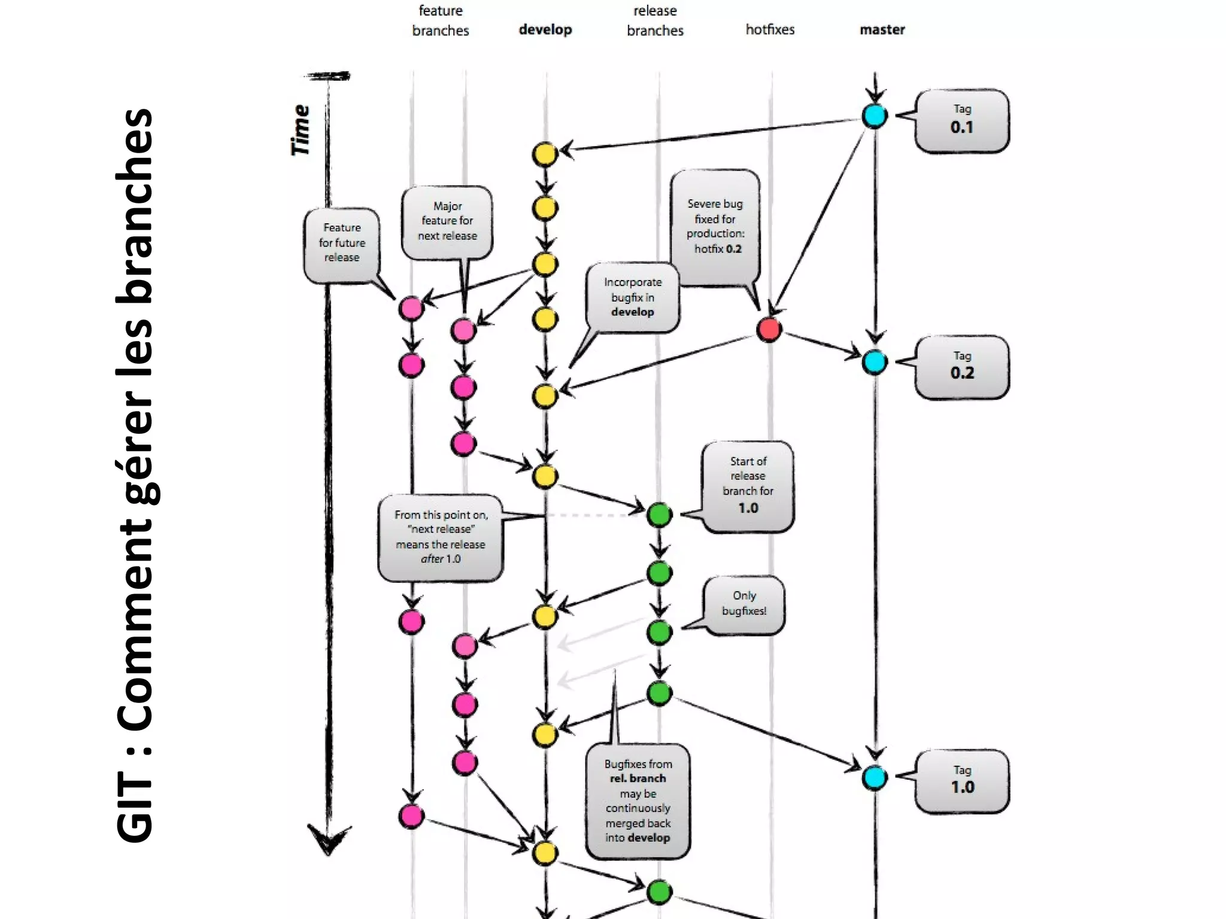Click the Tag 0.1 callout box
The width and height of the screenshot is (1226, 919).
(961, 120)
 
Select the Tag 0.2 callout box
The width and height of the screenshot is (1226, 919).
(961, 366)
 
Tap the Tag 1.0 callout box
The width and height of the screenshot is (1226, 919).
(961, 781)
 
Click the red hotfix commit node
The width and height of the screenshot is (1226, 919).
(769, 330)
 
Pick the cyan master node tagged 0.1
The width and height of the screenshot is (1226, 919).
(875, 116)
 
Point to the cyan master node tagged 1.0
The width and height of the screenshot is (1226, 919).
(875, 778)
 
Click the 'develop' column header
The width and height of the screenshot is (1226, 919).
(545, 29)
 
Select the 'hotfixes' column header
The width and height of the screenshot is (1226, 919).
(770, 29)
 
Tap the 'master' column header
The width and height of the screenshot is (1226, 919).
(882, 29)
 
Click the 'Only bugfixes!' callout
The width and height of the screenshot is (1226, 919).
(744, 604)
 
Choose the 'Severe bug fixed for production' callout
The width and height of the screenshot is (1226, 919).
(715, 227)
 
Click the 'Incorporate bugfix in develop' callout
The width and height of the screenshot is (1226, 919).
(632, 297)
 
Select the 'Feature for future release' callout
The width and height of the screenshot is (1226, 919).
(342, 244)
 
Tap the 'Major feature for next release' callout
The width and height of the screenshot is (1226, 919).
(447, 221)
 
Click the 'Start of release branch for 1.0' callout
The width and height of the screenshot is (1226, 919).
(748, 485)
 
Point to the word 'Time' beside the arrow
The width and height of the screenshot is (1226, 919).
(301, 130)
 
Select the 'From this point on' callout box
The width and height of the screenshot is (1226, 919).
(441, 537)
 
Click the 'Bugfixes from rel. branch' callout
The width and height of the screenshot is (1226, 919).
(638, 801)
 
